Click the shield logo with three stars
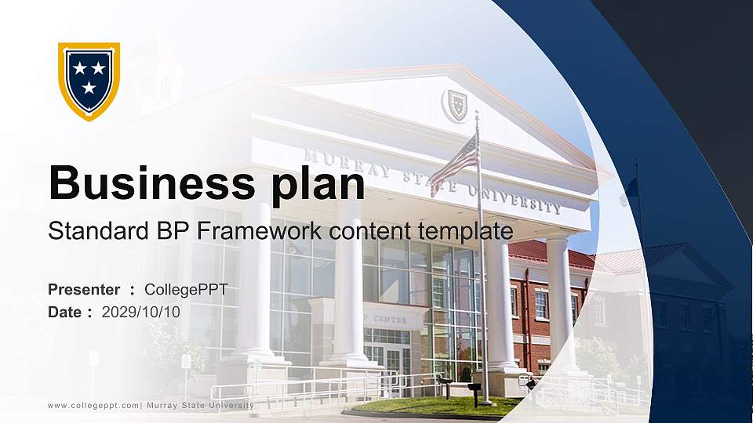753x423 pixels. click(x=89, y=80)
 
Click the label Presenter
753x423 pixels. click(x=84, y=290)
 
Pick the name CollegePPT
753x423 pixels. click(x=187, y=290)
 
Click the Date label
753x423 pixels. click(x=65, y=312)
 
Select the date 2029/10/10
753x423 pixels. click(x=141, y=312)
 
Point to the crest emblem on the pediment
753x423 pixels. click(x=456, y=105)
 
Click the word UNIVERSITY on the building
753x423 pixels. click(x=515, y=198)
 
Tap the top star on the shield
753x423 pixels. click(x=80, y=69)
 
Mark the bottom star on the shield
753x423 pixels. click(x=89, y=88)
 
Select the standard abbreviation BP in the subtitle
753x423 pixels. click(x=172, y=231)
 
